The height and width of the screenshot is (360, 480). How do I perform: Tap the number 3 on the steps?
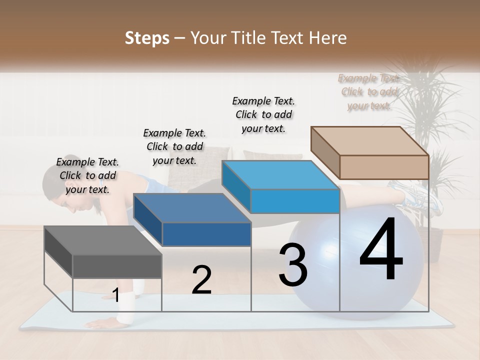pos(292,264)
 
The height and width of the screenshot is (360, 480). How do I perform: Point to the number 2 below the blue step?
pos(201,280)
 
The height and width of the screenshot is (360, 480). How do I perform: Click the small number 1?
pos(115,295)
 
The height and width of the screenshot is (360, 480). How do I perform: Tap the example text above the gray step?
pos(87,175)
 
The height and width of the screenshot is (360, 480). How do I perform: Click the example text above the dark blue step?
pos(174,146)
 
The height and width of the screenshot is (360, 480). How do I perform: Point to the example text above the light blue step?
pos(263,114)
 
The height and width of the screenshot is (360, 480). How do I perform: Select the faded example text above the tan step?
pos(369,91)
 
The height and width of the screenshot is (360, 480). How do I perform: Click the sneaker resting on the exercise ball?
pos(417,197)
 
